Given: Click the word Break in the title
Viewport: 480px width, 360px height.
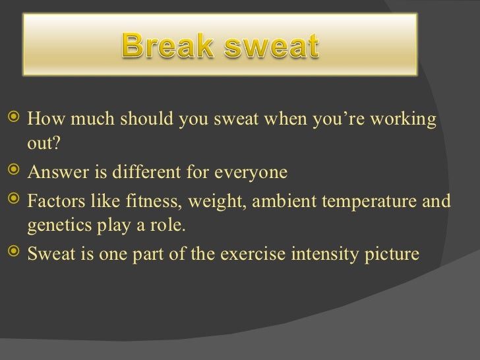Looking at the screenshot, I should click(x=167, y=47).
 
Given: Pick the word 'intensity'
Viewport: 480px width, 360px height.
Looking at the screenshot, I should click(x=320, y=253).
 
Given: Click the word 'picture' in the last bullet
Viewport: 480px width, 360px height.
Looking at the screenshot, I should click(x=390, y=253).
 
